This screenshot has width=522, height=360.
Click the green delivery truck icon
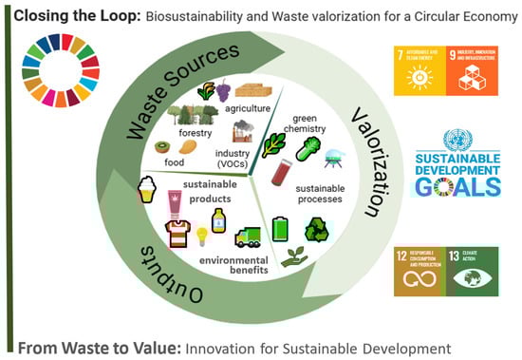(247, 237)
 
